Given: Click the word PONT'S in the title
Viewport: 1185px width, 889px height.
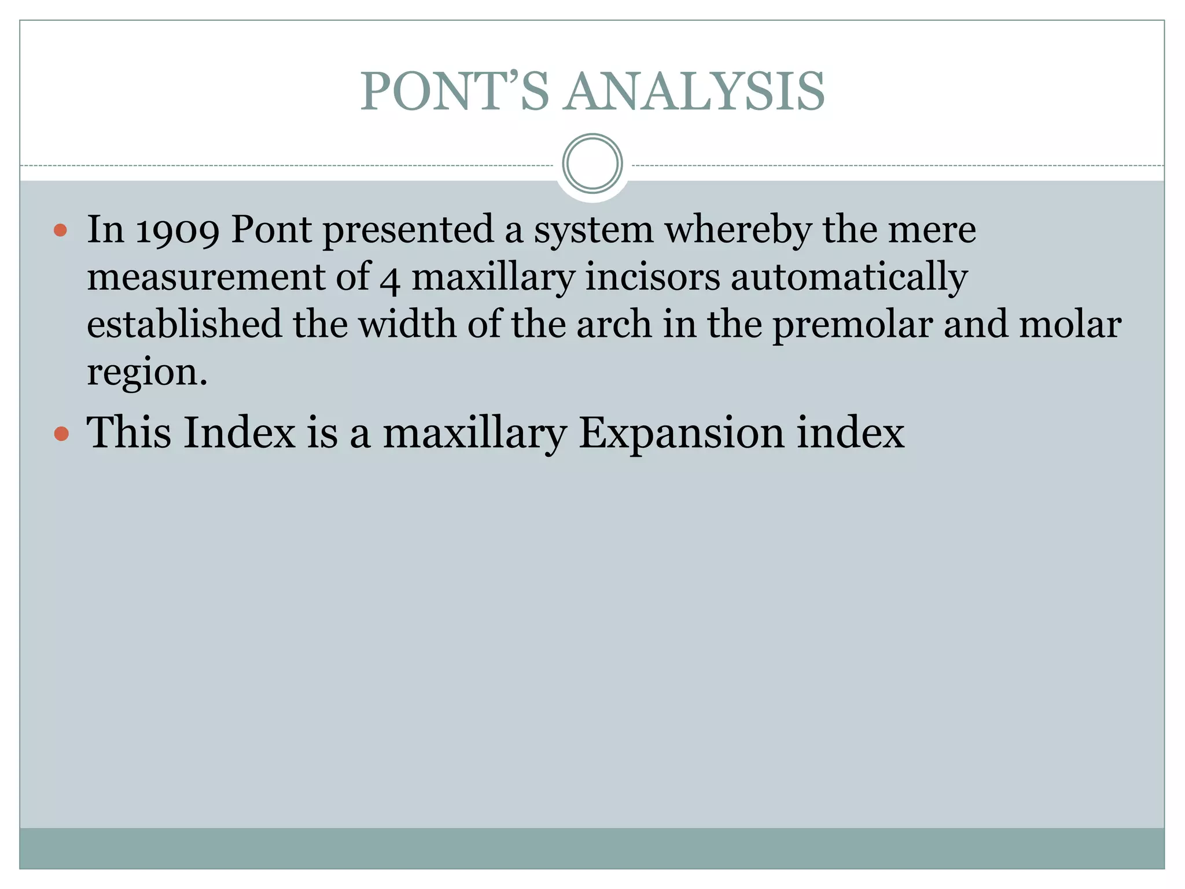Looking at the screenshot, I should tap(454, 91).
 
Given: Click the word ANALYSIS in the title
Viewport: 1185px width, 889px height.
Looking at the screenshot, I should tap(695, 91).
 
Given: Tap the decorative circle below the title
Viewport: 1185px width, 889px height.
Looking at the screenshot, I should tap(592, 163).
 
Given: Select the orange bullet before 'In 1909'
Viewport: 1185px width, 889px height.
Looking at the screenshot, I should tap(60, 231).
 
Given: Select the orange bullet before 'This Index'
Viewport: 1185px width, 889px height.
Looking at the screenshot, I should tap(61, 434).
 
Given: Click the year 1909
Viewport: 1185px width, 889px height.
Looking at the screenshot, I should tap(177, 230).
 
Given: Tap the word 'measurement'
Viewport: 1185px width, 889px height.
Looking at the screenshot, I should tap(205, 277).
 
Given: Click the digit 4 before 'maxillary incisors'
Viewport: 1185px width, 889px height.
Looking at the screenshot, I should tap(390, 279).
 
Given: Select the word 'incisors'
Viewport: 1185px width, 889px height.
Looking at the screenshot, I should tap(653, 277).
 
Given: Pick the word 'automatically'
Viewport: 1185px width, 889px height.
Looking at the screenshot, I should tap(849, 278).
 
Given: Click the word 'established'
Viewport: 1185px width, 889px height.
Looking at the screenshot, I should tap(184, 324).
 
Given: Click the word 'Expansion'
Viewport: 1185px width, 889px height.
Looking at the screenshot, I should tap(682, 434).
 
